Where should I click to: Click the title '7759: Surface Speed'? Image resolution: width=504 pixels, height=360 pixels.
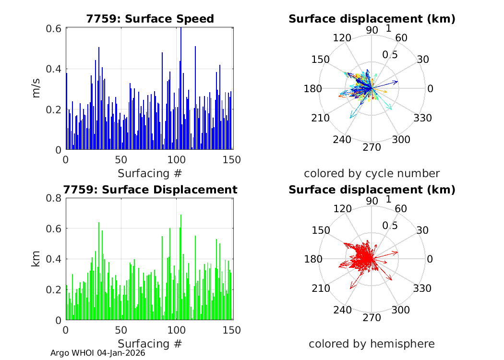coord(150,19)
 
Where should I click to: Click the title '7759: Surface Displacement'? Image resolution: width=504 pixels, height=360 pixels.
coord(150,190)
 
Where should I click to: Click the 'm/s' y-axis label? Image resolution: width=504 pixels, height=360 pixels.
coord(36,89)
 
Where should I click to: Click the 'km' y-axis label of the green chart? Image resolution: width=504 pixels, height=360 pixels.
coord(36,259)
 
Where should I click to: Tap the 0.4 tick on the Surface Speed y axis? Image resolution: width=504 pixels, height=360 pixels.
coord(54,69)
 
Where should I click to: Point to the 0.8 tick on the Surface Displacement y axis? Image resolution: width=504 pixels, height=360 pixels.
coord(54,198)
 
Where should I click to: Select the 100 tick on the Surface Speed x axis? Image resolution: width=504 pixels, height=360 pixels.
coord(176,159)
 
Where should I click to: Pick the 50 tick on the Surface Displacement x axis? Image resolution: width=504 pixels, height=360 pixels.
coord(121,330)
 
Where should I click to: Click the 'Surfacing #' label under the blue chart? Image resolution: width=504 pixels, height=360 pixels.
coord(150,173)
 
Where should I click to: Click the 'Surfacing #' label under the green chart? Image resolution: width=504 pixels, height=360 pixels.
coord(150,343)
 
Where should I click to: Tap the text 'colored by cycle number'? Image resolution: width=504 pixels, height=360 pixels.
coord(372,173)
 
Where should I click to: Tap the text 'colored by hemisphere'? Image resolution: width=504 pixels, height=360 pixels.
coord(372,344)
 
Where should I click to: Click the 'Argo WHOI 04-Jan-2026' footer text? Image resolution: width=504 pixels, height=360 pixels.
coord(98,353)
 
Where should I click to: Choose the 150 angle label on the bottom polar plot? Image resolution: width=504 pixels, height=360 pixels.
coord(321,230)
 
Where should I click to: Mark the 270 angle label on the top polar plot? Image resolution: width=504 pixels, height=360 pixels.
coord(372,147)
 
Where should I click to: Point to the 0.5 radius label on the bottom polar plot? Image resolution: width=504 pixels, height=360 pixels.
coord(390,225)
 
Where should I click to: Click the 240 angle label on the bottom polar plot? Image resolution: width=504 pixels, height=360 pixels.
coord(342,310)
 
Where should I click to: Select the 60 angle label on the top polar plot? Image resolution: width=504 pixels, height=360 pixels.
coord(401,38)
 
